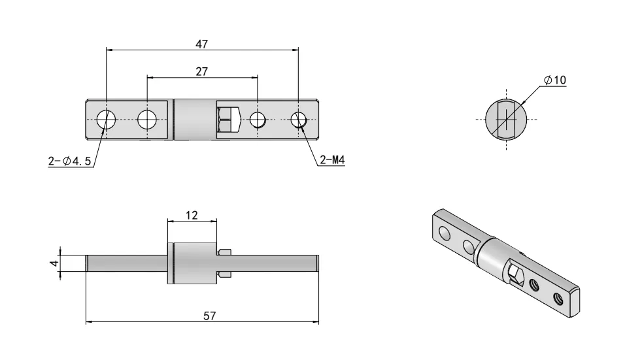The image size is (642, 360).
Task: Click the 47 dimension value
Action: [201, 44]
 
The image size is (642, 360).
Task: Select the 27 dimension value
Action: [201, 72]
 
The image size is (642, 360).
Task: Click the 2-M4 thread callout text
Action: [331, 161]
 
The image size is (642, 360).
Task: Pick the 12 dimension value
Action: [192, 215]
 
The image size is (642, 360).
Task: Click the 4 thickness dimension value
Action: [56, 263]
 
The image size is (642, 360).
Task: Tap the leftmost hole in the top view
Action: [106, 120]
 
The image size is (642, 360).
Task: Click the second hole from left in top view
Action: [146, 120]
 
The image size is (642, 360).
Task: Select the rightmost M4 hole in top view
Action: [299, 120]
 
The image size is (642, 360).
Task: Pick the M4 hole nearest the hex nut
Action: [258, 120]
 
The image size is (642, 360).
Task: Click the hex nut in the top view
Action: [224, 120]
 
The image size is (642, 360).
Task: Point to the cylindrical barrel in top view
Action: [195, 120]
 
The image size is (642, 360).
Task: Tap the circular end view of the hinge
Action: [509, 120]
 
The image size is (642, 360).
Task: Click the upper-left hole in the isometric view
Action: [445, 233]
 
